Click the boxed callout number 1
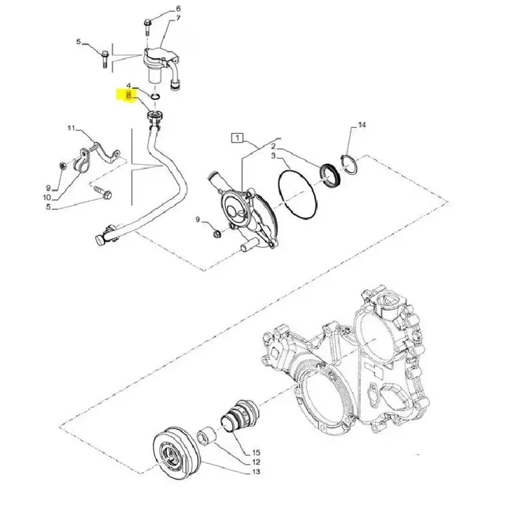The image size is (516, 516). (x=237, y=138)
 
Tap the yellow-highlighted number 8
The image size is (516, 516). (x=128, y=95)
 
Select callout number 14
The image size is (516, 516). (x=362, y=125)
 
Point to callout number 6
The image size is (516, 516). (x=179, y=9)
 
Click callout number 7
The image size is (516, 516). (x=179, y=18)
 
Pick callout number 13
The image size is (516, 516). (x=256, y=472)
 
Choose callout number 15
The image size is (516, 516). (x=256, y=453)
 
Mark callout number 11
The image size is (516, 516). (x=71, y=128)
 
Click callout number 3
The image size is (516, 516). (x=273, y=156)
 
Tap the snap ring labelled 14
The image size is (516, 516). (x=349, y=164)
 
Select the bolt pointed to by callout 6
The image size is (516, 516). (x=147, y=28)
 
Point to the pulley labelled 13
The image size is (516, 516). (x=177, y=453)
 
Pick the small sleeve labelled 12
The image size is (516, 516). (x=206, y=436)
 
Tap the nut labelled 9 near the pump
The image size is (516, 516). (x=216, y=235)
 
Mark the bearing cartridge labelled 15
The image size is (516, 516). (x=239, y=415)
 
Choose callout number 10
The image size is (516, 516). (x=47, y=198)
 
